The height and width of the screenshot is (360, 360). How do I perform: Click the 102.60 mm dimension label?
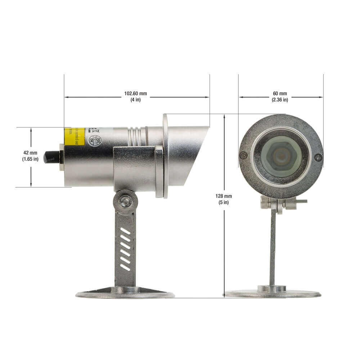point(136,94)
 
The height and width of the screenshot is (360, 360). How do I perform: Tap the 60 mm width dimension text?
point(280,94)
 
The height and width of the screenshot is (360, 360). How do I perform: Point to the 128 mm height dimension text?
point(224,196)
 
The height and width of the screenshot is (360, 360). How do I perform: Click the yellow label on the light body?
point(74,136)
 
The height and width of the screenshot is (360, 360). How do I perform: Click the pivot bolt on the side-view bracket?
point(125,202)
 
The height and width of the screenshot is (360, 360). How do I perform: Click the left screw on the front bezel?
point(244,155)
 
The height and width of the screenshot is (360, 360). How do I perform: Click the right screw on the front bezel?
point(318,157)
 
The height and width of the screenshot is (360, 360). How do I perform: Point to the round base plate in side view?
point(125,294)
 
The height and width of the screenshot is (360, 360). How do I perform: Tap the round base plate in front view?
point(273,294)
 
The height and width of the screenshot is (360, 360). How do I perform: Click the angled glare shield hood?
point(187,155)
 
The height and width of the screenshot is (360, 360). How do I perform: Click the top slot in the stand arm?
point(125,231)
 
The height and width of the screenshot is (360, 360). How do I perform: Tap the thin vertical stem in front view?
point(273,248)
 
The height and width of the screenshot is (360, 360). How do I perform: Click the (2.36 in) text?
point(280,100)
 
